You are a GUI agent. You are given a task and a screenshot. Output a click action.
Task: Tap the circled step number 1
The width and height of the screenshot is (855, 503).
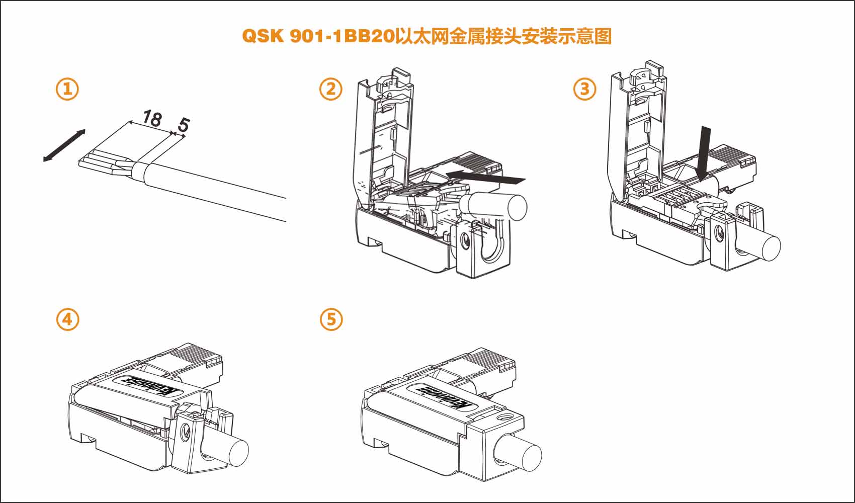[x=67, y=89]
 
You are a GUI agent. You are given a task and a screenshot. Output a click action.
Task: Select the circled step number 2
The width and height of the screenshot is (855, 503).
[x=331, y=89]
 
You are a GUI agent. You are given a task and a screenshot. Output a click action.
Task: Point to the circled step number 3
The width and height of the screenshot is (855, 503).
[x=584, y=89]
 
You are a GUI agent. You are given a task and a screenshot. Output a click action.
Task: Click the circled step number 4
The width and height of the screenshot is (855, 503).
[x=67, y=319]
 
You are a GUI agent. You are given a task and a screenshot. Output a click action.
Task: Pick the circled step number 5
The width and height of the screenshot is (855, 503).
[x=331, y=319]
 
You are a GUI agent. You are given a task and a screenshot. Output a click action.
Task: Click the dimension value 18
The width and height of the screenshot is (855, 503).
[x=151, y=118]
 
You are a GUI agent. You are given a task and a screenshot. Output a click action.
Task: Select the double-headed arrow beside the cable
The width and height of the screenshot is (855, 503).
[x=64, y=146]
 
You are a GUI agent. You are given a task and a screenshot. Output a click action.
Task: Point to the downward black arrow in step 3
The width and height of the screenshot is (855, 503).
[x=704, y=153]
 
